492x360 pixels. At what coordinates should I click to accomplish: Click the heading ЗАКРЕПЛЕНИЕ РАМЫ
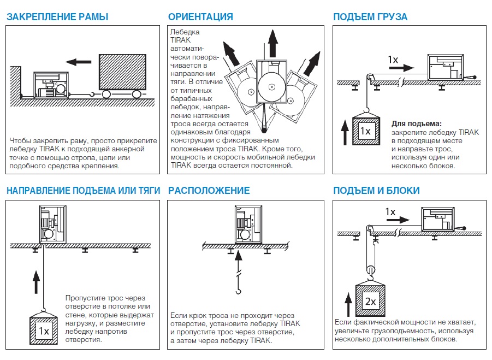pos(57,17)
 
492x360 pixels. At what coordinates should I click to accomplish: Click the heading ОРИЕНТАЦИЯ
pos(200,17)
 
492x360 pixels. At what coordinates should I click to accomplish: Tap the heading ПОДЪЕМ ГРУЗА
pos(370,17)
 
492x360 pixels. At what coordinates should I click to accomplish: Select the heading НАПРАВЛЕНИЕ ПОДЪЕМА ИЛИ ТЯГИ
pos(84,191)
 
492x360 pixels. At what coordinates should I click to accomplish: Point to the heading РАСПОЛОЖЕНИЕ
pos(209,191)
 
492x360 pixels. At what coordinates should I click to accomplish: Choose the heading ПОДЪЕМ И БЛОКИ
pos(376,191)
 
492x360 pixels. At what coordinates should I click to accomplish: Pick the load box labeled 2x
pos(371,301)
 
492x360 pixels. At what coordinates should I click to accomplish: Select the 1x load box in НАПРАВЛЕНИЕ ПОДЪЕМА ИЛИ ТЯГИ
pos(43,330)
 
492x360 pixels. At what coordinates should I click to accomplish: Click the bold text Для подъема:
pos(417,123)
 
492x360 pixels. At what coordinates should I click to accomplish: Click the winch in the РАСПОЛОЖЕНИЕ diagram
pos(248,223)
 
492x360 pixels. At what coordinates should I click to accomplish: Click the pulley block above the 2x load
pos(371,268)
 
